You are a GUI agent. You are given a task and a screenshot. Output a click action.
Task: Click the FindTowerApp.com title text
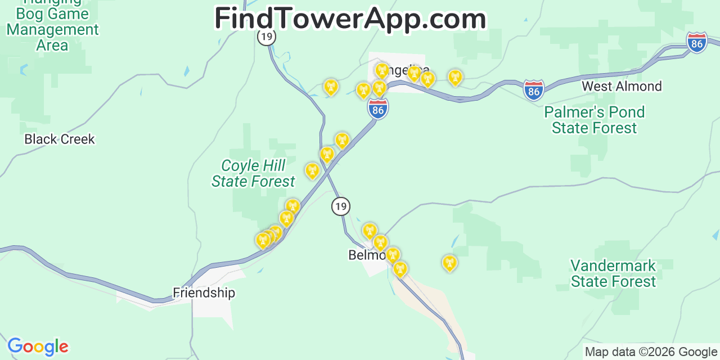[x=350, y=19]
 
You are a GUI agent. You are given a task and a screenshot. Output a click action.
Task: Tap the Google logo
[x=37, y=346]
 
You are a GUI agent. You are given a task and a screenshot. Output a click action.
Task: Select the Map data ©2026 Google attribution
[x=651, y=352]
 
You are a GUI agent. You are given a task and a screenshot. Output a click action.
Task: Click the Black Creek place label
[x=60, y=139]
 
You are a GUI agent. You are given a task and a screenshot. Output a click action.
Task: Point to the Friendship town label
[x=204, y=292]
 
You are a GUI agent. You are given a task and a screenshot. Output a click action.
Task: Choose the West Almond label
[x=622, y=86]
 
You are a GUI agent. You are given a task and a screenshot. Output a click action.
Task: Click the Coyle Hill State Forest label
[x=253, y=173]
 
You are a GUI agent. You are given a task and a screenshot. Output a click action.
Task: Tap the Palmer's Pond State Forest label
[x=595, y=120]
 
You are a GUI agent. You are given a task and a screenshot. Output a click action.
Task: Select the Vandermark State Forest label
[x=613, y=273]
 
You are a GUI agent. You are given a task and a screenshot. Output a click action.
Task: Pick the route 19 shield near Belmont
[x=340, y=206]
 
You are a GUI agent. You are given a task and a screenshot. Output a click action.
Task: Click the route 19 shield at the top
[x=267, y=37]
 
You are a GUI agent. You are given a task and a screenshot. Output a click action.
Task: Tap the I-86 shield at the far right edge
[x=696, y=43]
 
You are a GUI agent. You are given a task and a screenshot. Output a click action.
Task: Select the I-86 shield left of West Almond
[x=533, y=90]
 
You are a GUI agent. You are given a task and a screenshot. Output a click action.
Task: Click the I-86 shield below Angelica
[x=378, y=109]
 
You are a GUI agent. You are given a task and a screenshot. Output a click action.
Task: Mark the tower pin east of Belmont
[x=449, y=262]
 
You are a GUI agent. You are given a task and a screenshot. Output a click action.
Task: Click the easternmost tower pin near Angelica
[x=455, y=76]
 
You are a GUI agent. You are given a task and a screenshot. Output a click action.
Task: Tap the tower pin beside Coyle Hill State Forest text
[x=312, y=170]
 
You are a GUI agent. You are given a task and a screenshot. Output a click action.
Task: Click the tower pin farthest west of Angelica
[x=331, y=86]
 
